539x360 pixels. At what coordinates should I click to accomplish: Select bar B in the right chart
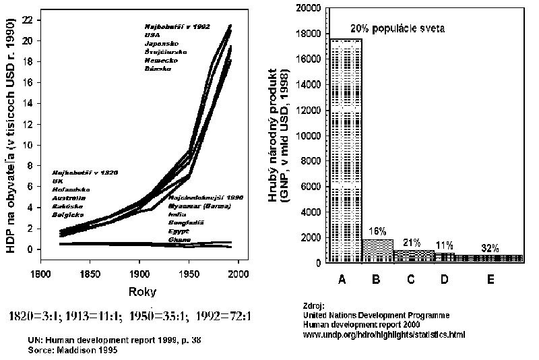(377, 250)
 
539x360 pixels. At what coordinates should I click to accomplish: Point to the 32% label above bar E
(490, 247)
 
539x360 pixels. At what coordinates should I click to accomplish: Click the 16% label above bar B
(377, 231)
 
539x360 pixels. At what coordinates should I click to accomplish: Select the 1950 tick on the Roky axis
(189, 274)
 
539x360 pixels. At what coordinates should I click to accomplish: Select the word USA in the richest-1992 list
(152, 34)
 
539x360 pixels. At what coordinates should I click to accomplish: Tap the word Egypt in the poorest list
(178, 231)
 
